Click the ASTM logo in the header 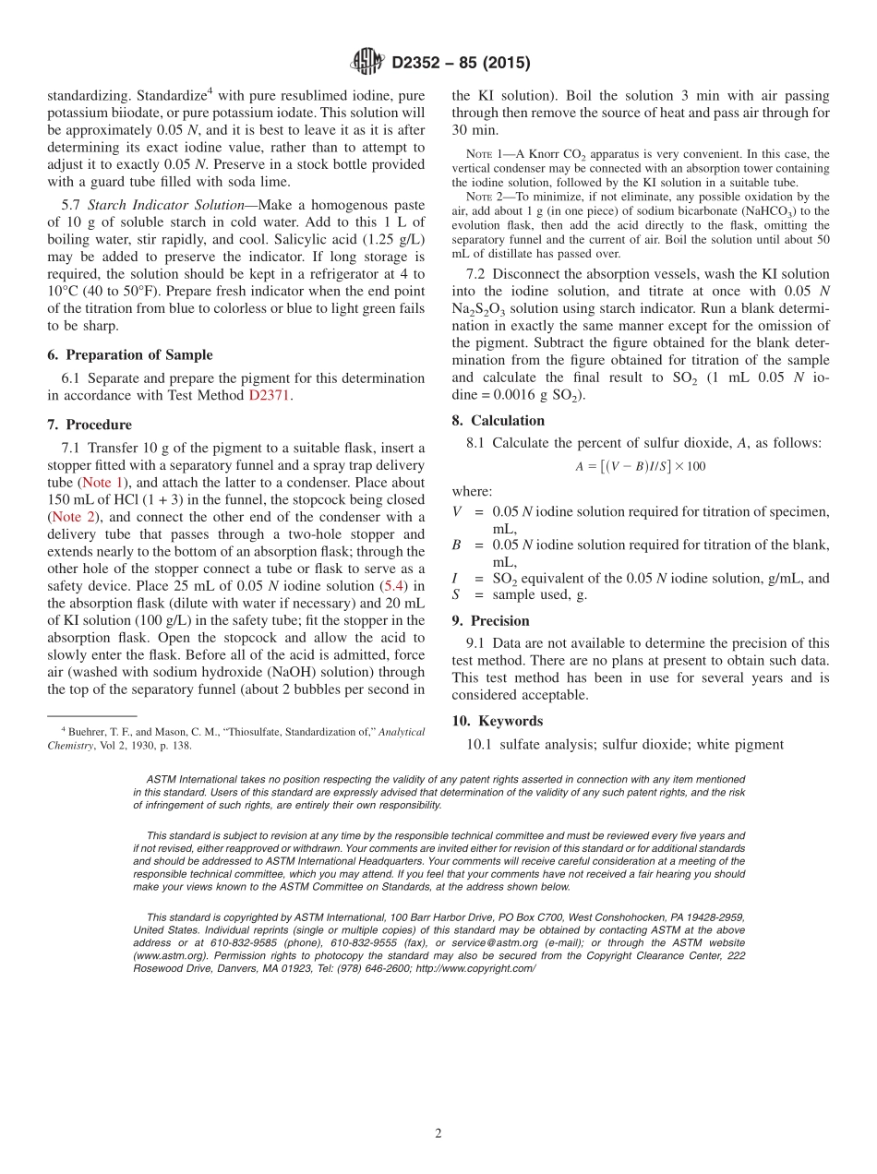pyautogui.click(x=366, y=63)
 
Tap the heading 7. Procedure pyautogui.click(x=90, y=425)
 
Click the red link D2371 pyautogui.click(x=270, y=395)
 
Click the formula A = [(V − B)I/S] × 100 pyautogui.click(x=640, y=466)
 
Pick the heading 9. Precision pyautogui.click(x=490, y=620)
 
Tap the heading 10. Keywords pyautogui.click(x=497, y=721)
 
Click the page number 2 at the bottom pyautogui.click(x=438, y=1133)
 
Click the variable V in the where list pyautogui.click(x=457, y=511)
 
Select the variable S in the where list pyautogui.click(x=457, y=594)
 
